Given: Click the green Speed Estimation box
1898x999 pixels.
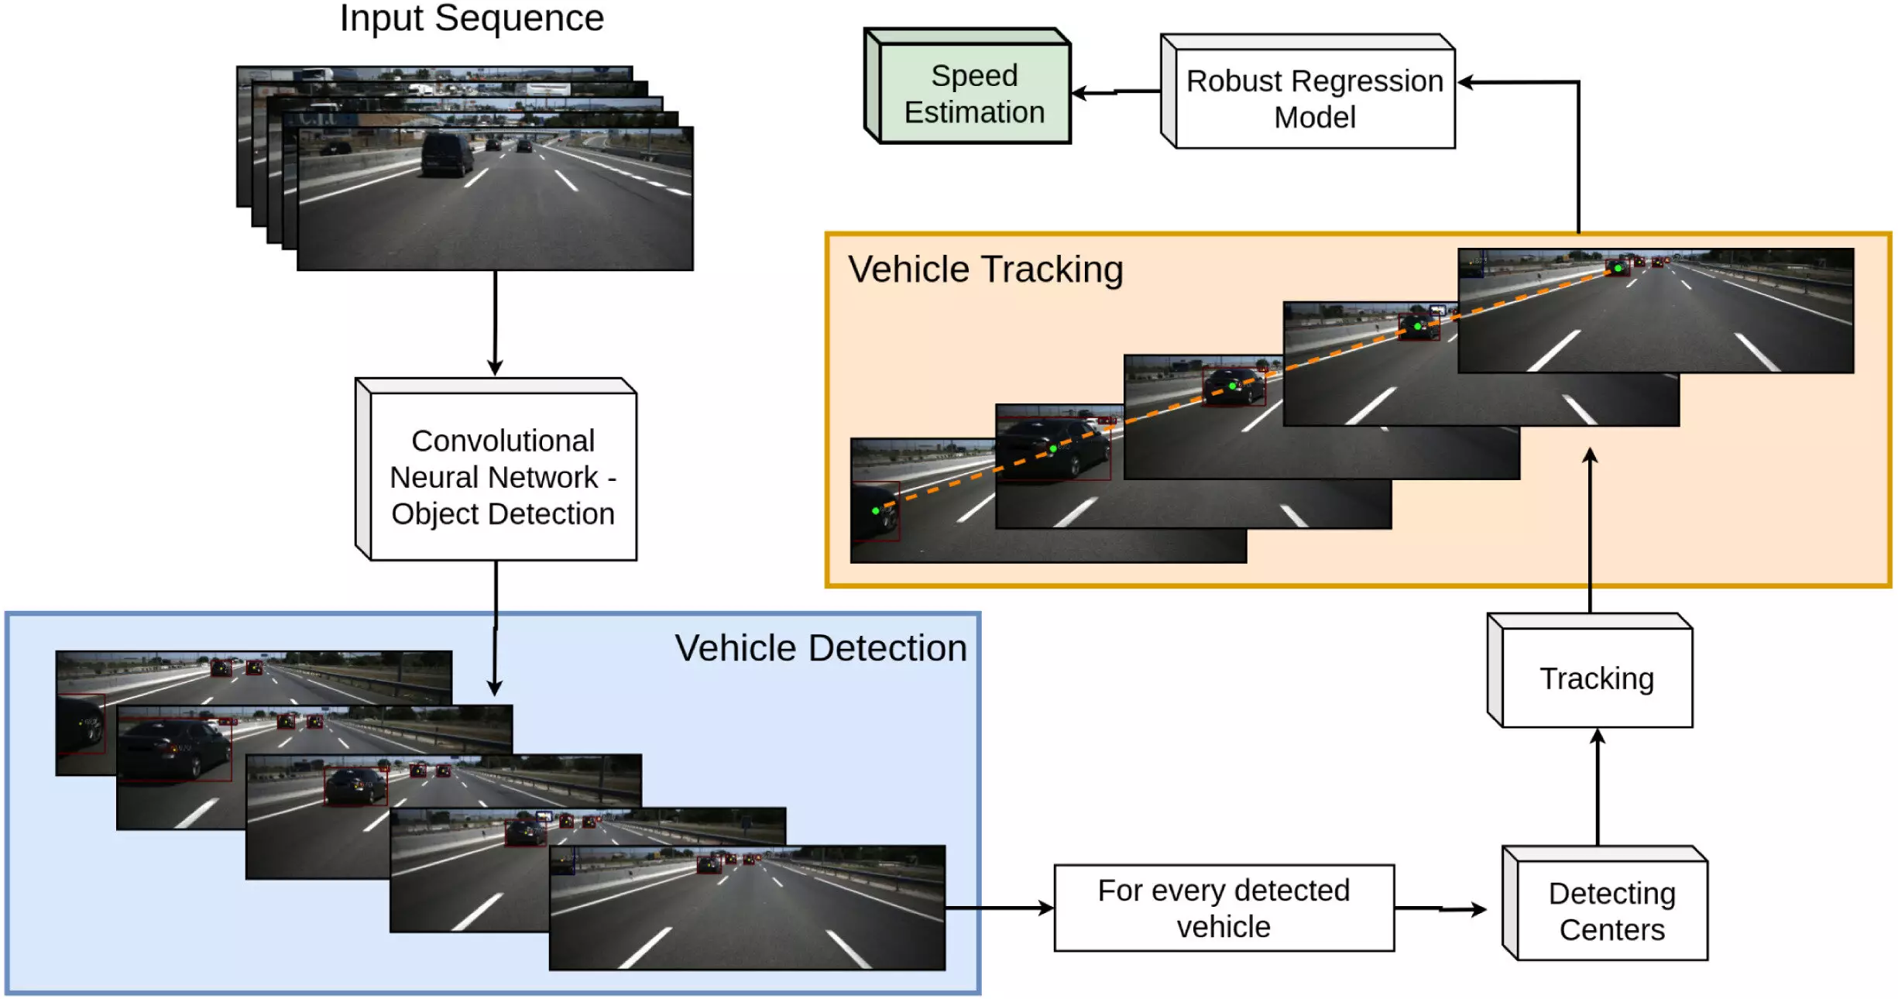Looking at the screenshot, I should (974, 94).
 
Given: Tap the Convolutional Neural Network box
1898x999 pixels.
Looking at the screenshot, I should (503, 476).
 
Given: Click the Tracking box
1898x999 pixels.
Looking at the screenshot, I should (1596, 678).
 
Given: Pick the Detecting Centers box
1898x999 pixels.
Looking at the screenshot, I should (1611, 911).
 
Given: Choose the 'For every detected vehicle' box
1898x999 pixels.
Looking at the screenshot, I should (1224, 908).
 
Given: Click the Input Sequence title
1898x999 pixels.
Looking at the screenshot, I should (472, 19).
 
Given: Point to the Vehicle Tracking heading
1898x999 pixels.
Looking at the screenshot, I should (985, 269).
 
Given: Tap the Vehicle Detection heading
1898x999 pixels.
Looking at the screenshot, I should (820, 648).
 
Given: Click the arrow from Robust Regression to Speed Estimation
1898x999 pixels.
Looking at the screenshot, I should (1115, 92).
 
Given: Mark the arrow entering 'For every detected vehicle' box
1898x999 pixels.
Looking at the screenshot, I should (999, 908).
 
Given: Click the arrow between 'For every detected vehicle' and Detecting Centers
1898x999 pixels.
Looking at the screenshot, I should (1440, 909).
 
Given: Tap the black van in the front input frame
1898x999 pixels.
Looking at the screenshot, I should (447, 155).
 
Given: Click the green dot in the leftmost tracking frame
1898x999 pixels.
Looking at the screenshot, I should (876, 511).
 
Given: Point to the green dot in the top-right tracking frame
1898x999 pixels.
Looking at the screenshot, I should (1618, 269).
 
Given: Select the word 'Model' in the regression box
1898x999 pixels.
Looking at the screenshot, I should (1314, 118).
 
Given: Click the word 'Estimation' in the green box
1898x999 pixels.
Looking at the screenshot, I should (974, 112).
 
